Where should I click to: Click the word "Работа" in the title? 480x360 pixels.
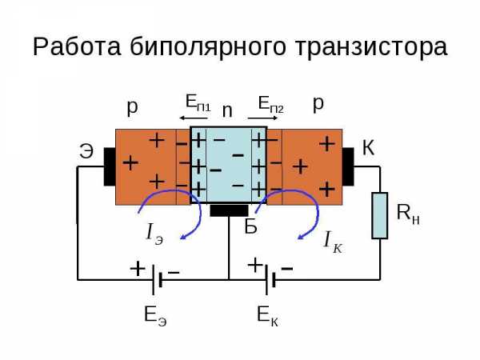(77, 46)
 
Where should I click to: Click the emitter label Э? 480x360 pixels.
(86, 151)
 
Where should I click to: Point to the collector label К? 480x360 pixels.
(368, 148)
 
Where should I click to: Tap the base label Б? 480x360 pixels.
(250, 226)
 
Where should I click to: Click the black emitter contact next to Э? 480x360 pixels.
(110, 166)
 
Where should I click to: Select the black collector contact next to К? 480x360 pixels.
(348, 166)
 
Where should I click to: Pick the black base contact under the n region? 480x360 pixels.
(229, 210)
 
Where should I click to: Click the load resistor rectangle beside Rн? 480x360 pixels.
(379, 215)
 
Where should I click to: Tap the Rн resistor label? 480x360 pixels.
(408, 214)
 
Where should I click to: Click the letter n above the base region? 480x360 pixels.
(227, 110)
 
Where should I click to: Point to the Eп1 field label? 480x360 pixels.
(198, 102)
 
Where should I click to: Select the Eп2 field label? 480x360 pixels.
(271, 104)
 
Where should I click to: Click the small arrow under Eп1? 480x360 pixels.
(194, 118)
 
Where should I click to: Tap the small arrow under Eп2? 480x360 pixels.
(262, 118)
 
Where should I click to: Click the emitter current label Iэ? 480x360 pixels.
(154, 234)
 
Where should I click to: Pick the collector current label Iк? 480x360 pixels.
(333, 242)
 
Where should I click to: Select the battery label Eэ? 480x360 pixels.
(155, 316)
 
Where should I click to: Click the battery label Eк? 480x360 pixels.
(268, 316)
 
